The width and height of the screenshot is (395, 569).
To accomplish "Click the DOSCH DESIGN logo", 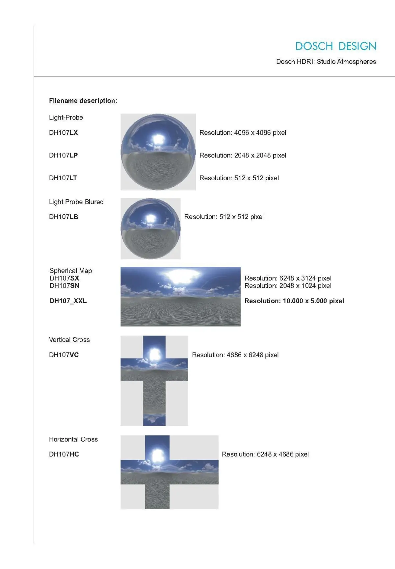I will pyautogui.click(x=335, y=46).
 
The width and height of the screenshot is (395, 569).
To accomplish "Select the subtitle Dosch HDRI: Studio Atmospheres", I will pyautogui.click(x=326, y=62).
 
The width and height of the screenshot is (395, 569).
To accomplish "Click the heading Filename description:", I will pyautogui.click(x=83, y=101).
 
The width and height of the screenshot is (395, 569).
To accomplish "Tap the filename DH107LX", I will pyautogui.click(x=64, y=133).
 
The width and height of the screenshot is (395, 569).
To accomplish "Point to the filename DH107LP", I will pyautogui.click(x=64, y=155).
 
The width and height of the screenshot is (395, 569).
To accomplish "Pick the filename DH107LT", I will pyautogui.click(x=63, y=178).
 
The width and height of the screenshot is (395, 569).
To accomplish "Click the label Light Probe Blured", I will pyautogui.click(x=76, y=202).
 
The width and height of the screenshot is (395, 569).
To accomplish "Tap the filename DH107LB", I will pyautogui.click(x=64, y=217).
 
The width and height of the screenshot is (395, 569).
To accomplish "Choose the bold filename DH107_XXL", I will pyautogui.click(x=68, y=301).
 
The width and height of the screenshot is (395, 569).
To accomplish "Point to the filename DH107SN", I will pyautogui.click(x=65, y=286).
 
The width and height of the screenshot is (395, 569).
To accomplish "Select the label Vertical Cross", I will pyautogui.click(x=69, y=340).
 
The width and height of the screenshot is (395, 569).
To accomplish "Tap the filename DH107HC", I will pyautogui.click(x=64, y=454).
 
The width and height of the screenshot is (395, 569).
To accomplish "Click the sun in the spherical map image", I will pyautogui.click(x=179, y=278).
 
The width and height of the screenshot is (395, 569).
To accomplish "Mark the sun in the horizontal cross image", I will pyautogui.click(x=157, y=456).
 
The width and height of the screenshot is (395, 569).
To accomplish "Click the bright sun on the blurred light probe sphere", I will pyautogui.click(x=151, y=218).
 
